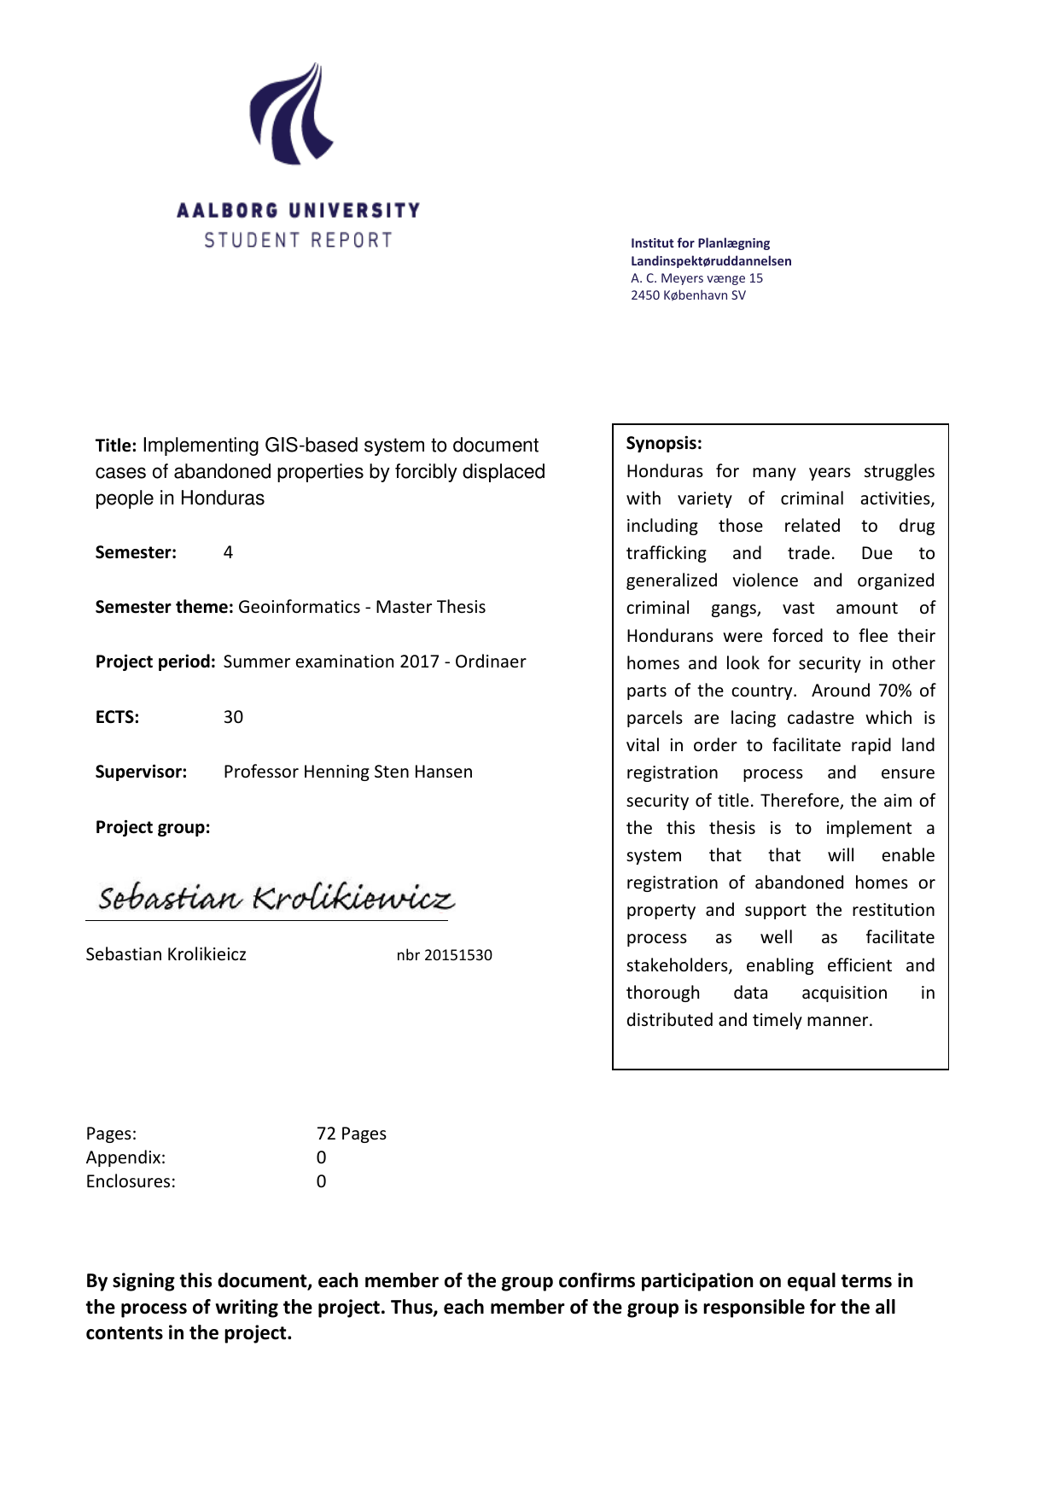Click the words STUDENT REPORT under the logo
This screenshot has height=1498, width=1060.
[x=298, y=241]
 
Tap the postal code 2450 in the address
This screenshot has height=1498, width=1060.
[x=645, y=295]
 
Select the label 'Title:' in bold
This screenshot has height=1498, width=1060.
[x=116, y=446]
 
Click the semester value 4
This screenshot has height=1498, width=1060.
[x=228, y=552]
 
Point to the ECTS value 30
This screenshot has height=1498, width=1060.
[x=233, y=717]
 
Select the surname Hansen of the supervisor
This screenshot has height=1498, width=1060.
[x=443, y=772]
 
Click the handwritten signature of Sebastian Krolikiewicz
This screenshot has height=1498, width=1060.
[x=275, y=898]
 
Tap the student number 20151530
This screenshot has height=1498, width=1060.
[x=457, y=955]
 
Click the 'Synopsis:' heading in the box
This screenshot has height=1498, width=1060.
[x=664, y=443]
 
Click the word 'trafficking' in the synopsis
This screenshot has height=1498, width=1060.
[x=667, y=553]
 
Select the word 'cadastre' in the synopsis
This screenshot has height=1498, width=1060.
[x=820, y=718]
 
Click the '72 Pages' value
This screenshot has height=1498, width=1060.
[x=351, y=1134]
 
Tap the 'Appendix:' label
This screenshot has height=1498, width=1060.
[x=125, y=1157]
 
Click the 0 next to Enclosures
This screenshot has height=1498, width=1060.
[x=321, y=1181]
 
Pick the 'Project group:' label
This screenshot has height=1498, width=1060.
[x=153, y=827]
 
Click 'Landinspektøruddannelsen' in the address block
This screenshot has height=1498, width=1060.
[x=711, y=261]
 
